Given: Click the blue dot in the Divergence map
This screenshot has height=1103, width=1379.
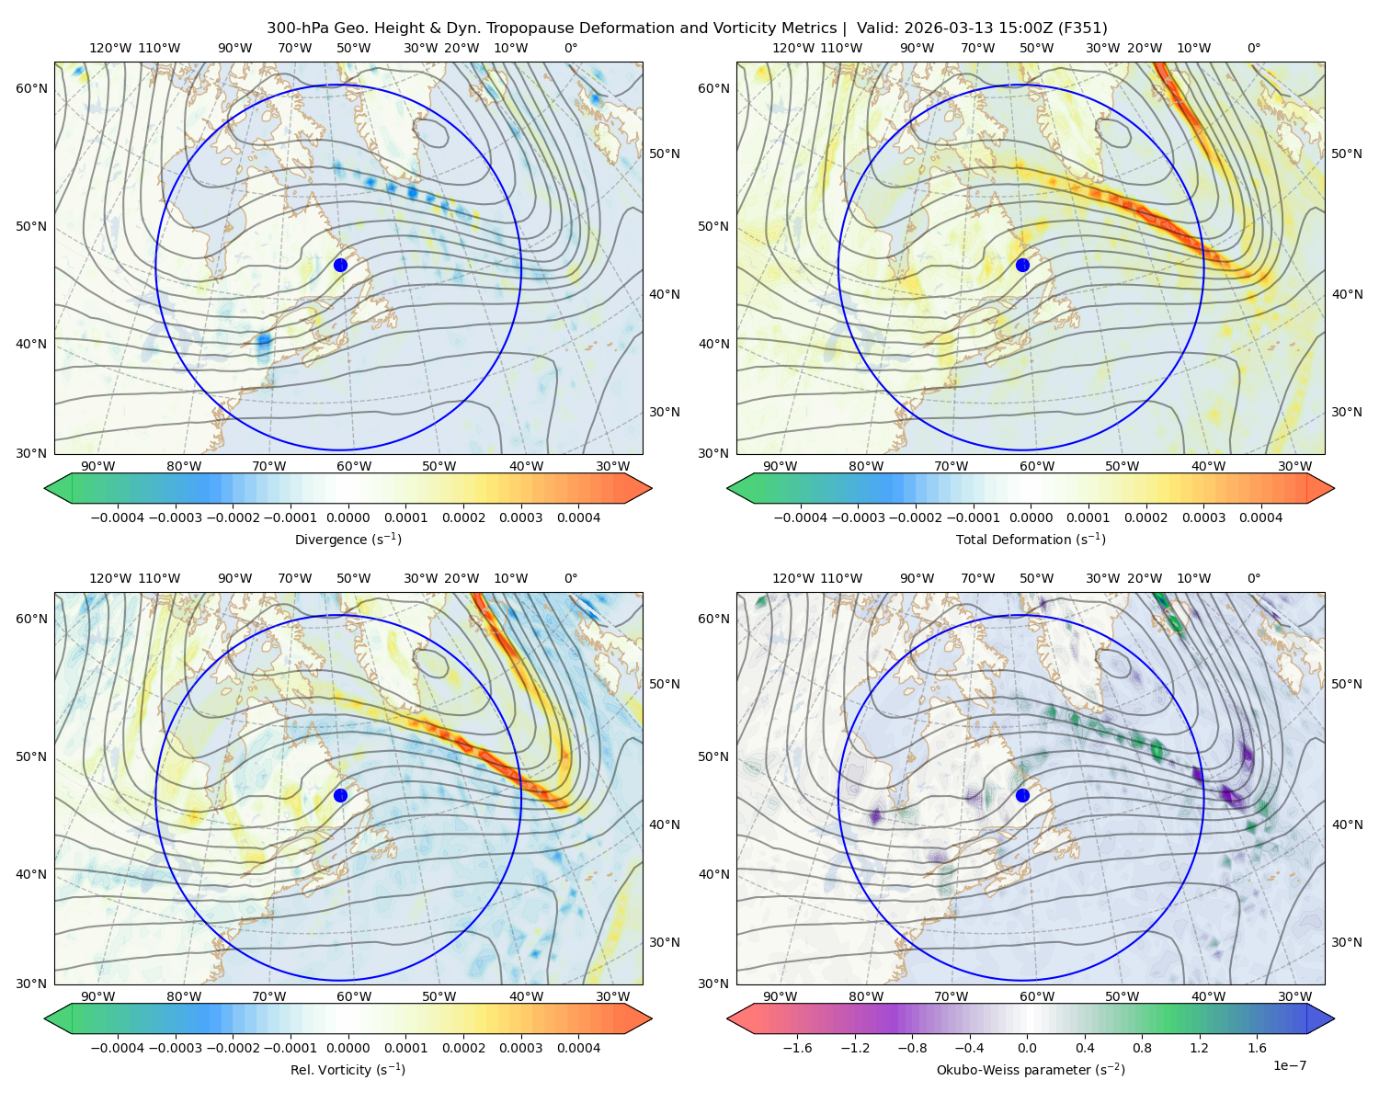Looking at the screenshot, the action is click(340, 265).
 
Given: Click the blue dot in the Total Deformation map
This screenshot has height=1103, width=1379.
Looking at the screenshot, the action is click(1022, 265).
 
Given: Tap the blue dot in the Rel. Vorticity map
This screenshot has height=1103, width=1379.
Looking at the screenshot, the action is click(340, 795).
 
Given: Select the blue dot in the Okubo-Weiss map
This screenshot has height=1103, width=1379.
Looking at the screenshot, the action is click(1022, 795).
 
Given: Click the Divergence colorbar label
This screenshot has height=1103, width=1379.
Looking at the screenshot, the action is click(348, 539).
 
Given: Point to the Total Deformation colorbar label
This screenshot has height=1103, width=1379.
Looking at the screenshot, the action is click(1031, 539).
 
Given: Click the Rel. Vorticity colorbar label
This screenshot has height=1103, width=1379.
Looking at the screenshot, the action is click(348, 1069).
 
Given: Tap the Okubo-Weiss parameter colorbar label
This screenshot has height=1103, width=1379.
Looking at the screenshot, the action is click(1031, 1069).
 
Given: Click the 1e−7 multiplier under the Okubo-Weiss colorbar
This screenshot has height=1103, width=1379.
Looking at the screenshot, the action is click(1289, 1065).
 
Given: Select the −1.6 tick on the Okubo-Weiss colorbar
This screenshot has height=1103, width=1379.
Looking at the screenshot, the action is click(797, 1048).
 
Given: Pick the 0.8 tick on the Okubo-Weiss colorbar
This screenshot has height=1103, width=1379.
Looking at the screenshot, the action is click(1142, 1048).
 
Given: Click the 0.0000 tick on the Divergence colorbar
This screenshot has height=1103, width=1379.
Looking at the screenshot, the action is click(348, 517).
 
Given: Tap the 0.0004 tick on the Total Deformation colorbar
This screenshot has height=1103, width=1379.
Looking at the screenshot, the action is click(1260, 517).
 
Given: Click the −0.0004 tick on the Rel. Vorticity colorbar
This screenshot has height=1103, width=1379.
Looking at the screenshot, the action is click(118, 1048).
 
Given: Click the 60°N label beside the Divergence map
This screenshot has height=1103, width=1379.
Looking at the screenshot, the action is click(31, 88).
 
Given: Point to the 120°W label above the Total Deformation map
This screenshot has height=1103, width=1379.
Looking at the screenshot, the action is click(792, 48).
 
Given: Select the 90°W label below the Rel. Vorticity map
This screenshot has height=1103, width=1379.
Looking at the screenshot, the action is click(98, 996).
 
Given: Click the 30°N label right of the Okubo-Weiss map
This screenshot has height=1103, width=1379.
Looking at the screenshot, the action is click(1347, 942).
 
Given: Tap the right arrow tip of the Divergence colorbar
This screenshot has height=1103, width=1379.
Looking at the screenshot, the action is click(652, 488).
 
